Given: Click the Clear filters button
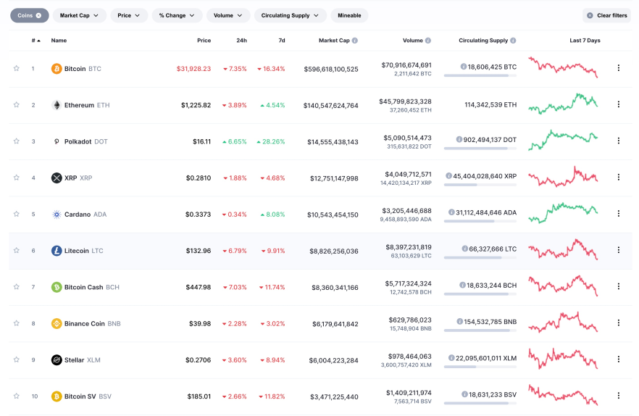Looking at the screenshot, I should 606,15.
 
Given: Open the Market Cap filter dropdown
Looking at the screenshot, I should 79,15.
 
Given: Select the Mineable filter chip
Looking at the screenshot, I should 349,15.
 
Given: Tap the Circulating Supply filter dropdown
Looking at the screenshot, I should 290,15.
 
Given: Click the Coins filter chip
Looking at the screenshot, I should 30,15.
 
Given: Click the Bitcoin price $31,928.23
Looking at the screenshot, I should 193,69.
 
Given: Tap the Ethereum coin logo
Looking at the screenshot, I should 57,105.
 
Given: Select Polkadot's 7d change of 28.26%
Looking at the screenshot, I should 270,141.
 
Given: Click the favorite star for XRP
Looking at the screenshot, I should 17,178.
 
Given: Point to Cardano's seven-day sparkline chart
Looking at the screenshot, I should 563,212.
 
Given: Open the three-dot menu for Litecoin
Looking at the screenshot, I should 618,250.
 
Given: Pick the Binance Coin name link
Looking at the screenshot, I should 84,324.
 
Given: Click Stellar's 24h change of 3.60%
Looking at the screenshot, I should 235,360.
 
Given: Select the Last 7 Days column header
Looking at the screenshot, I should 584,41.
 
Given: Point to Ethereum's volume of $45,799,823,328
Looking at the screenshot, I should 406,101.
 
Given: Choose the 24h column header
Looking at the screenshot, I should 241,41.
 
